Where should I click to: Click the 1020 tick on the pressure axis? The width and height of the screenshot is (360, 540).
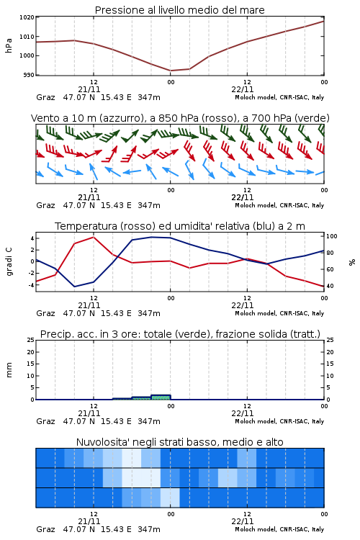[x=27, y=17]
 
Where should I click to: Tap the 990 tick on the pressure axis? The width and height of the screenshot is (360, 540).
[x=29, y=75]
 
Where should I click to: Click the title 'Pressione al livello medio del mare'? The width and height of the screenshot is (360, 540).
[x=180, y=10]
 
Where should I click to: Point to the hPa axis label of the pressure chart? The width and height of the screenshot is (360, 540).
[x=9, y=45]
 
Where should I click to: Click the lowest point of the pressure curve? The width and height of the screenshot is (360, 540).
[x=171, y=71]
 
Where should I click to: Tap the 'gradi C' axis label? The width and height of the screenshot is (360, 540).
[x=9, y=261]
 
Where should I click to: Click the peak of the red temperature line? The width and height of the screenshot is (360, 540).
[x=94, y=237]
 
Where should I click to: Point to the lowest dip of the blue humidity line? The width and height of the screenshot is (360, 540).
[x=75, y=287]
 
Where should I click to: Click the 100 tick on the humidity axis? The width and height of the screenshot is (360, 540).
[x=332, y=236]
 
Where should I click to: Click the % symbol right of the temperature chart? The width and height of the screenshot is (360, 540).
[x=352, y=262]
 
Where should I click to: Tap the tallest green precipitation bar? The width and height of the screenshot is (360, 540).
[x=161, y=397]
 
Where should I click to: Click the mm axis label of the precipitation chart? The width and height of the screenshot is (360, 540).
[x=9, y=369]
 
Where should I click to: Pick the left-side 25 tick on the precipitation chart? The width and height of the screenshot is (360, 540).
[x=31, y=340]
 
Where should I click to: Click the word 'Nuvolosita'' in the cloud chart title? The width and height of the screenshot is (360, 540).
[x=100, y=442]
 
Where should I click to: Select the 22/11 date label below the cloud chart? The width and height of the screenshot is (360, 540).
[x=243, y=521]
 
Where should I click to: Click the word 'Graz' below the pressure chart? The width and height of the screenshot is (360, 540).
[x=46, y=97]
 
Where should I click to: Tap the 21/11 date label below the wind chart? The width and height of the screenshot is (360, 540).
[x=89, y=197]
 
